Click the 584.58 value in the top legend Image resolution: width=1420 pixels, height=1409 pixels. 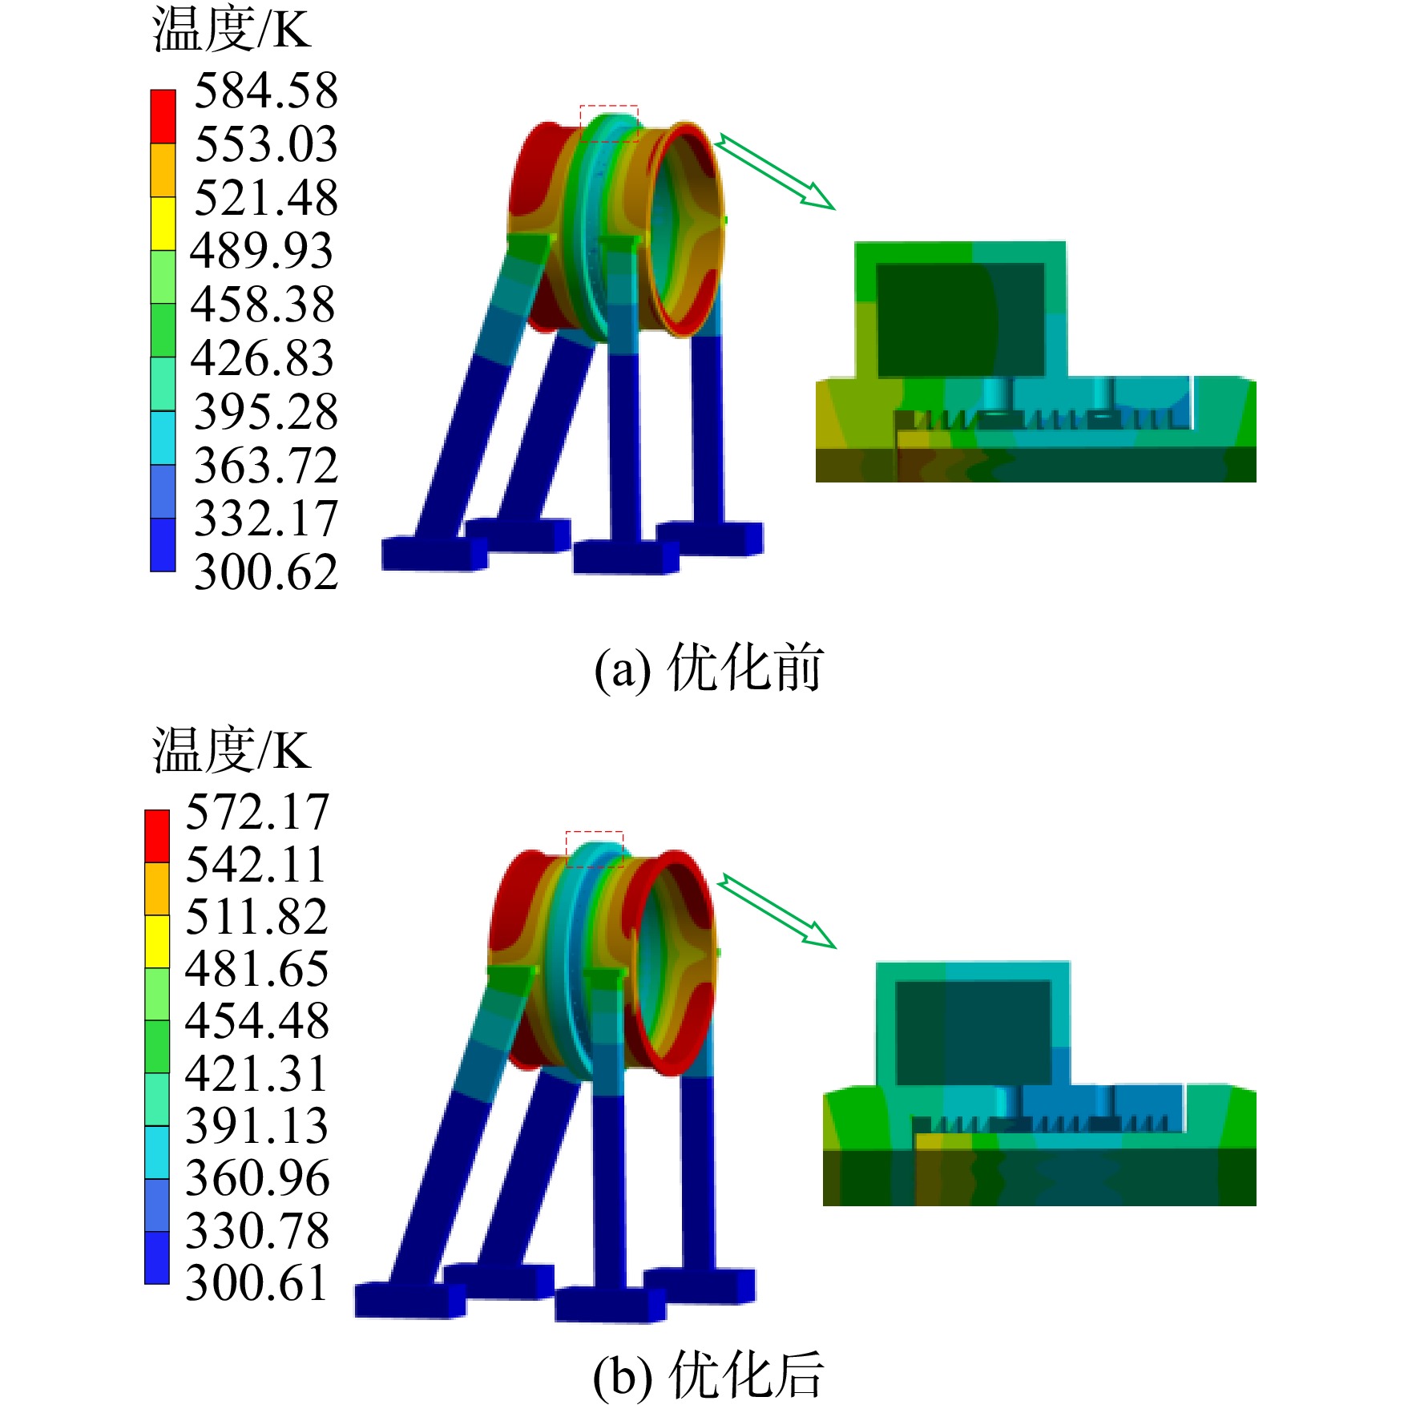coord(266,90)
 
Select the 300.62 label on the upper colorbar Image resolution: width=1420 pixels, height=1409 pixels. coord(266,572)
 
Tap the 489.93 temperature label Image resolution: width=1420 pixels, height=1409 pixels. coord(261,251)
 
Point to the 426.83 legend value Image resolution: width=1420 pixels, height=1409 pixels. coord(262,357)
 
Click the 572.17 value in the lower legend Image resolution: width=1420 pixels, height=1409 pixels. coord(257,812)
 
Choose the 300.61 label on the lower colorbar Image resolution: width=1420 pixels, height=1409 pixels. coord(257,1283)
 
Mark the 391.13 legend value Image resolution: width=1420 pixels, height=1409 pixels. coord(257,1126)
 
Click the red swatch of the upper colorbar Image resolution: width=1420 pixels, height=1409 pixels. coord(163,116)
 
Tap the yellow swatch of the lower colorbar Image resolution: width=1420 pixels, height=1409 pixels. coord(157,942)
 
